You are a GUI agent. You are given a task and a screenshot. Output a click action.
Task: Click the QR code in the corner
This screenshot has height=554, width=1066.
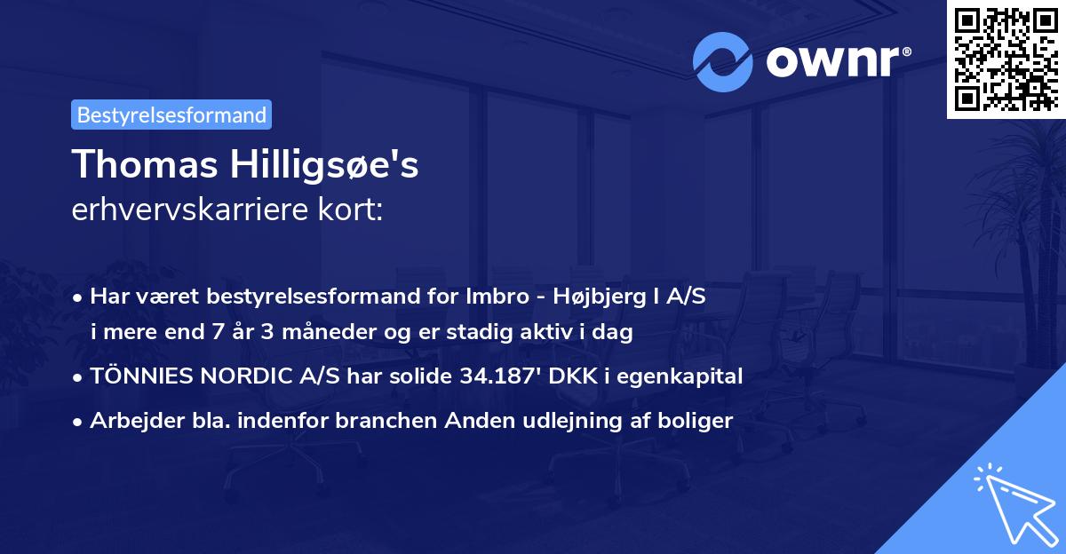(1005, 59)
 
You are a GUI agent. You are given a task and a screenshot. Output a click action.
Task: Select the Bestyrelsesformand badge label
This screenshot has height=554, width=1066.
(171, 115)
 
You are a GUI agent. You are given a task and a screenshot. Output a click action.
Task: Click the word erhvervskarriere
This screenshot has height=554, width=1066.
(192, 210)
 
